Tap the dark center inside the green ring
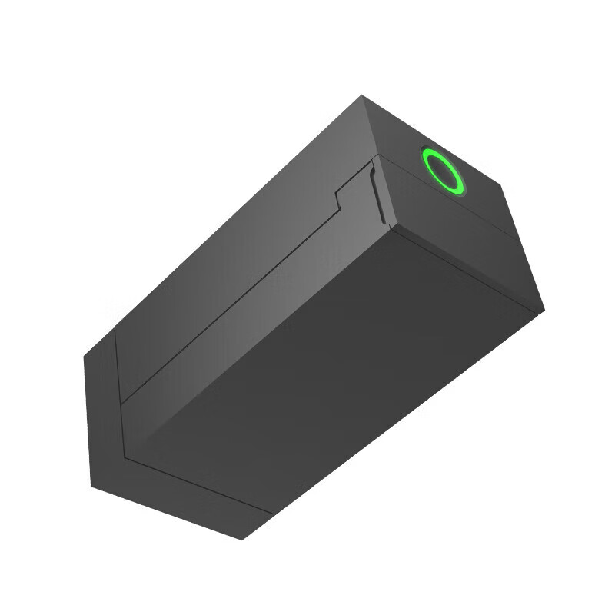tap(444, 171)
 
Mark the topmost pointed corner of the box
tap(361, 95)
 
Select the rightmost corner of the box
tap(544, 311)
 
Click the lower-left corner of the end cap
tap(91, 486)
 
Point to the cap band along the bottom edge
tap(184, 500)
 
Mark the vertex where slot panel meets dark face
tap(391, 228)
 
